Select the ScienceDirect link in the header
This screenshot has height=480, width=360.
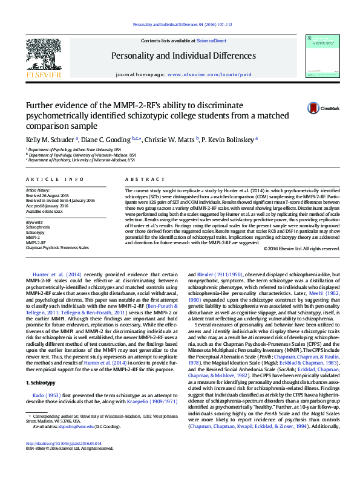212,41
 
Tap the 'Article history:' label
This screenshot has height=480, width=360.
38,190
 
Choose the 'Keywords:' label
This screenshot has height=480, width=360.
34,222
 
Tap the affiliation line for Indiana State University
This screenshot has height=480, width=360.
74,149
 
